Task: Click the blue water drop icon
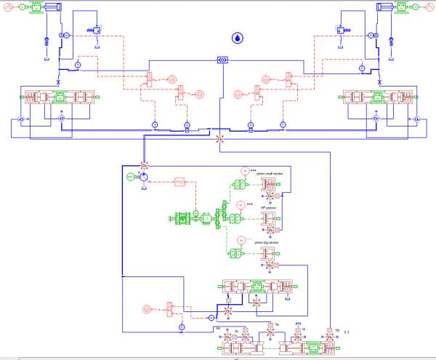tap(237, 37)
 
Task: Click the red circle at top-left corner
tap(5, 7)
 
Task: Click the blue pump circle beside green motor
tap(143, 177)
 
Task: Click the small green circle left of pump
tap(130, 177)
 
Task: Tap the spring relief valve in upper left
tap(95, 31)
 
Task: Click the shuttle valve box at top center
tap(222, 59)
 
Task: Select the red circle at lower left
tap(148, 308)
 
